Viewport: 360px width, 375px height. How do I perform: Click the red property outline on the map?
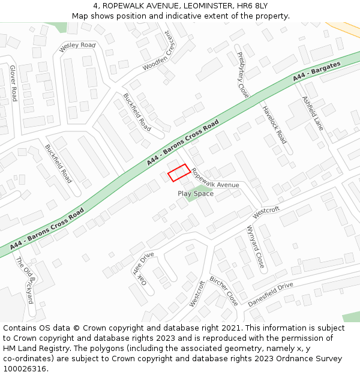179,173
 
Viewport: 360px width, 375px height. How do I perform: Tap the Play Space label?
196,194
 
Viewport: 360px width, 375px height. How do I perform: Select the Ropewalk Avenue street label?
215,178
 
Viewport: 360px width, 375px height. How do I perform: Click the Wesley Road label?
77,46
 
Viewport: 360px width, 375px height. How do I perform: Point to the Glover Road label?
13,83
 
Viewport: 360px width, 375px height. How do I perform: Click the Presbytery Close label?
238,75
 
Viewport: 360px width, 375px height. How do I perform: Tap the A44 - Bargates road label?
317,71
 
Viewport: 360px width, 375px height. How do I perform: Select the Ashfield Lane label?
313,113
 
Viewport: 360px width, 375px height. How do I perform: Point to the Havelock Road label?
274,125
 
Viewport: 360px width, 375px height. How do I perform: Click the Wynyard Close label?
255,246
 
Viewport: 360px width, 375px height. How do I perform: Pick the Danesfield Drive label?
271,293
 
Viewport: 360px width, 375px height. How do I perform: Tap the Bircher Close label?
223,291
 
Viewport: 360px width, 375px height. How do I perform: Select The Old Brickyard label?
25,281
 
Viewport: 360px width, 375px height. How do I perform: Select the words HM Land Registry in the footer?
34,348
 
